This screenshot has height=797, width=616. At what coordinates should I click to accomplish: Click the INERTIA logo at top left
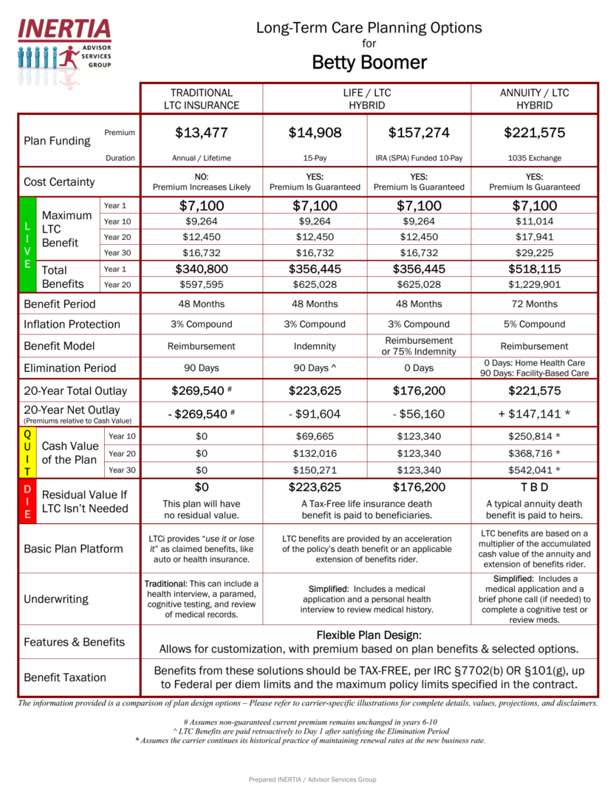tap(64, 43)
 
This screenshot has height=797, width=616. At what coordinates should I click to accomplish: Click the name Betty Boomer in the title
tap(369, 62)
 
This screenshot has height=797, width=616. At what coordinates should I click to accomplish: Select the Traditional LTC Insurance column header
tap(202, 99)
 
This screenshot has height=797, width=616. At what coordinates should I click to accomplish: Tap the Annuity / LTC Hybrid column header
tap(534, 99)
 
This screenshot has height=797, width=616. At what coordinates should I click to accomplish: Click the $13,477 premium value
tap(202, 133)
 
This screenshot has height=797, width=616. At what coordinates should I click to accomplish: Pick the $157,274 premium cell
tap(419, 133)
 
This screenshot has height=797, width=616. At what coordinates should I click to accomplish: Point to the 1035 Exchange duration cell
tap(534, 158)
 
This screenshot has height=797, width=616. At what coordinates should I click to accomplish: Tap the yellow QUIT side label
tap(27, 452)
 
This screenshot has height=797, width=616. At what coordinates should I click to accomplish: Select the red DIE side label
tap(27, 502)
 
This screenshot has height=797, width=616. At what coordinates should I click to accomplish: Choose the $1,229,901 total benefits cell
tap(534, 285)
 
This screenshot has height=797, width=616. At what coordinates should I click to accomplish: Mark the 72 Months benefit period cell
tap(534, 304)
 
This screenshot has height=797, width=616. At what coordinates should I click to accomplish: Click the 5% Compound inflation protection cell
tap(534, 324)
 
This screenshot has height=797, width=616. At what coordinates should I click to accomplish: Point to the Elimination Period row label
tap(69, 368)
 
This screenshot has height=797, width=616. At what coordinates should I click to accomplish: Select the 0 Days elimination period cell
tap(419, 368)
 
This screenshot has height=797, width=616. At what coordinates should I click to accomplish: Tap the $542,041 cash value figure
tap(534, 470)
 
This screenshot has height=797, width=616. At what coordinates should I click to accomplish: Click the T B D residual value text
tap(534, 488)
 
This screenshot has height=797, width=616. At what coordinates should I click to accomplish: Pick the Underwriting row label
tap(55, 599)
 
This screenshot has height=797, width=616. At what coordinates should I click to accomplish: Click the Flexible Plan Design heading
tap(369, 635)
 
